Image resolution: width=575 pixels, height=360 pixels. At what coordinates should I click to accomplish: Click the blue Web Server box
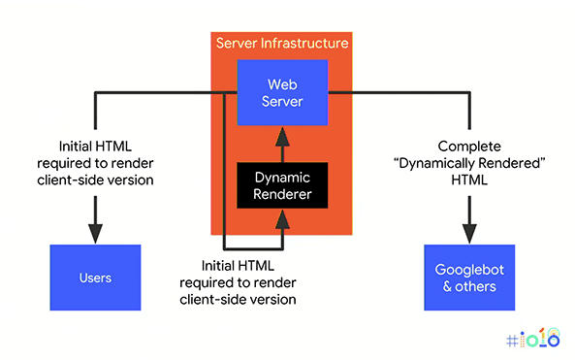tap(282, 92)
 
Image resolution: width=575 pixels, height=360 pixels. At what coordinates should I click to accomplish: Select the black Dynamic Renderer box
tap(282, 185)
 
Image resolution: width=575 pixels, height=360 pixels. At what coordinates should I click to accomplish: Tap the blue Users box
tap(95, 278)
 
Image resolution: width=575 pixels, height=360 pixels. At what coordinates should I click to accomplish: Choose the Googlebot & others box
tap(469, 278)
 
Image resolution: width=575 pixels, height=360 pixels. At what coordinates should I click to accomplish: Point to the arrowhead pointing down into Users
tap(95, 233)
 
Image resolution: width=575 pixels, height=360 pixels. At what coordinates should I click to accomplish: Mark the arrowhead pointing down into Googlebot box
tap(469, 233)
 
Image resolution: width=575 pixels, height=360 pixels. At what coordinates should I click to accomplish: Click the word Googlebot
tap(469, 269)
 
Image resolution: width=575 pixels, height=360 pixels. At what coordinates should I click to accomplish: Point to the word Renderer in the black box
tap(282, 194)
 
